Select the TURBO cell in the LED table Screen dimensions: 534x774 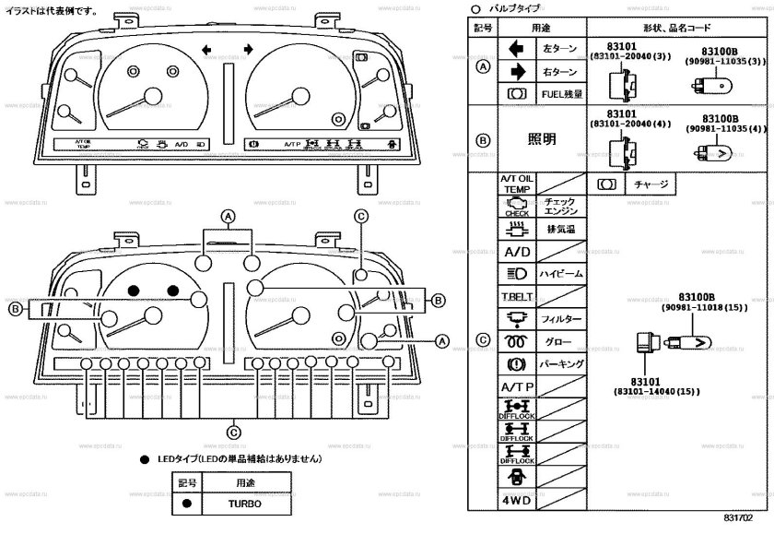245,504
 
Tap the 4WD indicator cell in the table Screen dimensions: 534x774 516,501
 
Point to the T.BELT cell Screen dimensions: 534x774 516,297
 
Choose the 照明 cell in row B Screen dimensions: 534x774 541,138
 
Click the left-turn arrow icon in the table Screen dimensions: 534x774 516,48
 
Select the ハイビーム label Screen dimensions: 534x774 560,274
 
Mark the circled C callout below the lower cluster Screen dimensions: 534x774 234,431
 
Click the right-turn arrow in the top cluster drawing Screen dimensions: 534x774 249,49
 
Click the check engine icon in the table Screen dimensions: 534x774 516,207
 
